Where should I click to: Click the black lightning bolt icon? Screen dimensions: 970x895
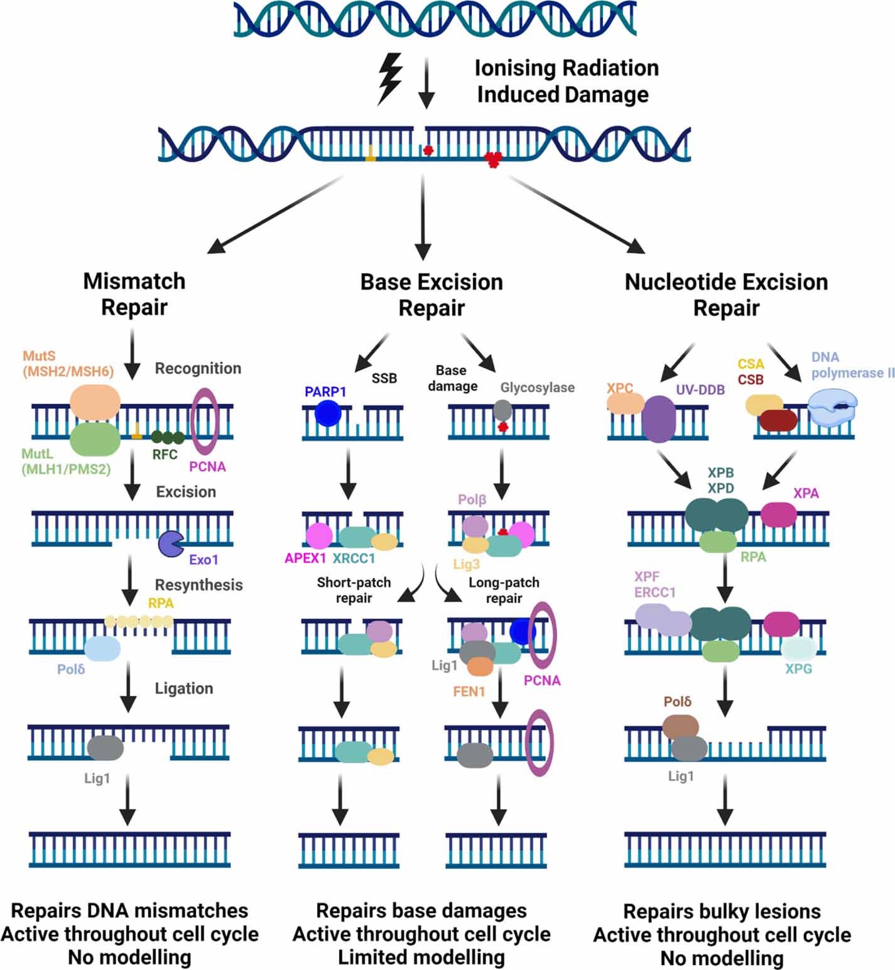[x=389, y=78]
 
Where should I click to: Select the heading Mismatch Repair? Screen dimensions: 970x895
[x=134, y=294]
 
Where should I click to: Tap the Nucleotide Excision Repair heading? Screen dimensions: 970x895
[x=726, y=295]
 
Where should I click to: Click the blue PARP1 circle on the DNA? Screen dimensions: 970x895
[x=328, y=414]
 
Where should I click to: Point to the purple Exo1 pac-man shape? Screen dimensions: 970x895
[x=170, y=544]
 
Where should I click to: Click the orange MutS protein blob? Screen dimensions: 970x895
[x=95, y=402]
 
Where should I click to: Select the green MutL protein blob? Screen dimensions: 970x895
[x=95, y=439]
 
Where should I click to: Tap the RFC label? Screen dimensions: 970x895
[x=165, y=455]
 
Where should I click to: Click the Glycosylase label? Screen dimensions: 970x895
[x=537, y=388]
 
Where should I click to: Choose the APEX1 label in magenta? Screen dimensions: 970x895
[x=305, y=559]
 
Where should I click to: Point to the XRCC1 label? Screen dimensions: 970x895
[x=354, y=559]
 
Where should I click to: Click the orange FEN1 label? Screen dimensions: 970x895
[x=469, y=692]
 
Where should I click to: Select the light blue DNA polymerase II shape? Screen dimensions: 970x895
[x=832, y=406]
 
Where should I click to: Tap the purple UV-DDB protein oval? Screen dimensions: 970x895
[x=658, y=419]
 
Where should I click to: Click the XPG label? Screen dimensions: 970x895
[x=798, y=669]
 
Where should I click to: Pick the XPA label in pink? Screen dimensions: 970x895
[x=806, y=494]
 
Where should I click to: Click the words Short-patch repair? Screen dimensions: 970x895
[x=354, y=590]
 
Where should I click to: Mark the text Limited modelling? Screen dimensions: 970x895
[x=421, y=957]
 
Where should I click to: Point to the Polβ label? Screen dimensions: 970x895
[x=472, y=500]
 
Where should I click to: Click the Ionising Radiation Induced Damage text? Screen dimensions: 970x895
[x=566, y=81]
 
